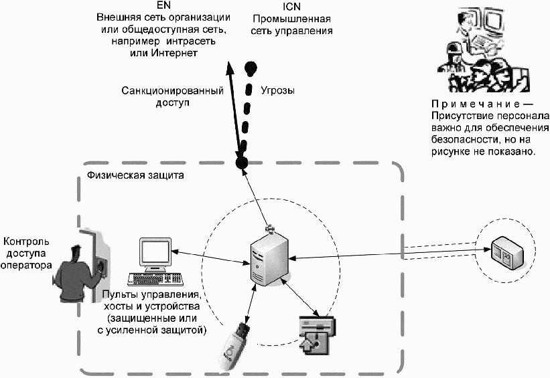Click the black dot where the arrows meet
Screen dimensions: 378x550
tap(243, 163)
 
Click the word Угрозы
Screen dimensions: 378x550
tap(277, 90)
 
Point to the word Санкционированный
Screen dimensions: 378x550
tap(170, 90)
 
